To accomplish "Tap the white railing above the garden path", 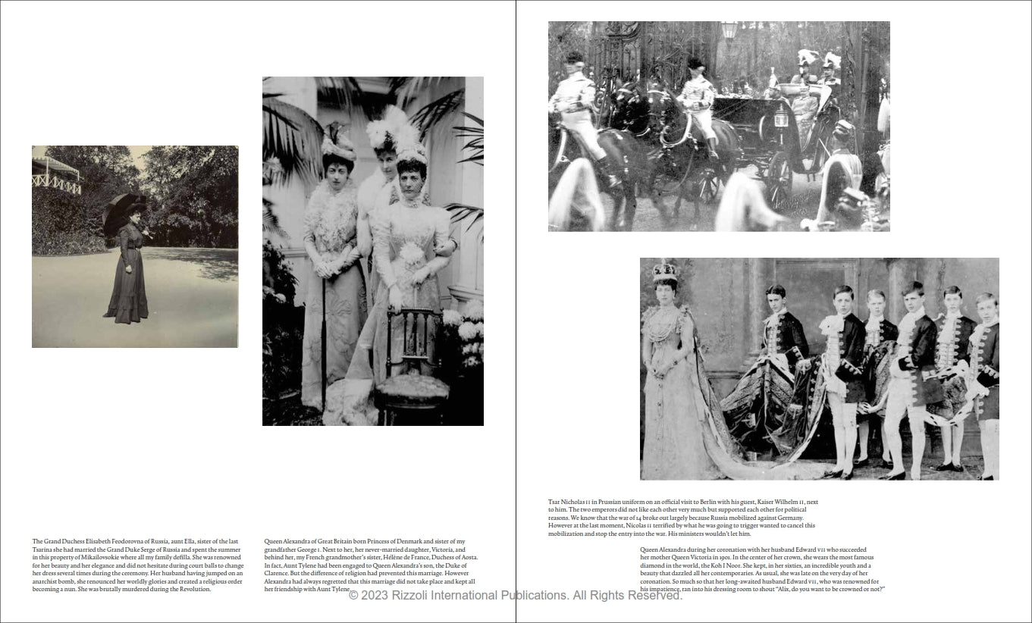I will [x=56, y=182].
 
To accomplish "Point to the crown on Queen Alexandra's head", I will [x=665, y=271].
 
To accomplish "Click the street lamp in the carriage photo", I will [x=729, y=31].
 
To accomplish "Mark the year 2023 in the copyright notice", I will [x=374, y=596].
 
